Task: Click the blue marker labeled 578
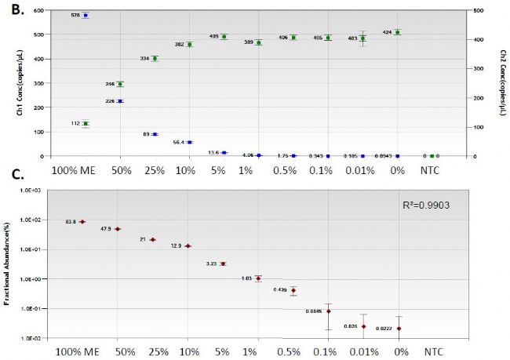click(x=86, y=15)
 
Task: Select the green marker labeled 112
click(x=86, y=123)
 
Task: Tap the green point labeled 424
click(x=398, y=32)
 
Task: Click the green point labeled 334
click(x=155, y=58)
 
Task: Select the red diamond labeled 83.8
click(x=82, y=222)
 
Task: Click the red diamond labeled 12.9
click(x=188, y=246)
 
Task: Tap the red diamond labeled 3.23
click(x=223, y=264)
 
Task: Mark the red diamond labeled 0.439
click(x=293, y=290)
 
